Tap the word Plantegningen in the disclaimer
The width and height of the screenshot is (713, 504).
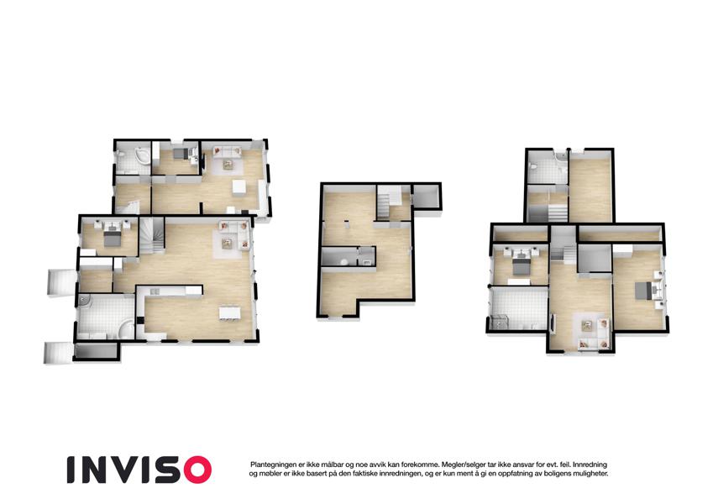pyautogui.click(x=273, y=465)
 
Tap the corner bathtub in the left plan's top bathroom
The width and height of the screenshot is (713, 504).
pyautogui.click(x=141, y=155)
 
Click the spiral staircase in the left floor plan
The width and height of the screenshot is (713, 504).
pyautogui.click(x=151, y=236)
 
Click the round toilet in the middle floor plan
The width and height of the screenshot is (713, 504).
pyautogui.click(x=344, y=261)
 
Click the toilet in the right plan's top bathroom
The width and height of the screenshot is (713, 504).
pyautogui.click(x=535, y=167)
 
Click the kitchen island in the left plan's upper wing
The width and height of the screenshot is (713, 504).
pyautogui.click(x=239, y=188)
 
